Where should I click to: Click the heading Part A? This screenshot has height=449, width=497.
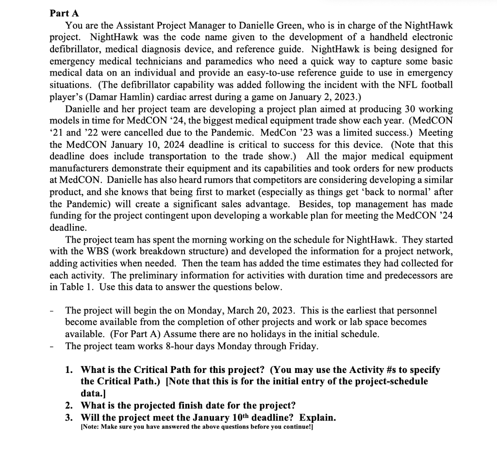64,13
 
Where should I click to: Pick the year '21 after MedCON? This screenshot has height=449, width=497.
58,133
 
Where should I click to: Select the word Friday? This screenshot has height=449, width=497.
303,346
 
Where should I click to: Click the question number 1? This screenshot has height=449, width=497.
69,370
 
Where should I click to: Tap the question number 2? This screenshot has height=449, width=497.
69,405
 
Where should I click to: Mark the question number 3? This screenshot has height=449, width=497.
69,418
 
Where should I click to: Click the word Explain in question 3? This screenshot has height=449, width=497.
317,418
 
